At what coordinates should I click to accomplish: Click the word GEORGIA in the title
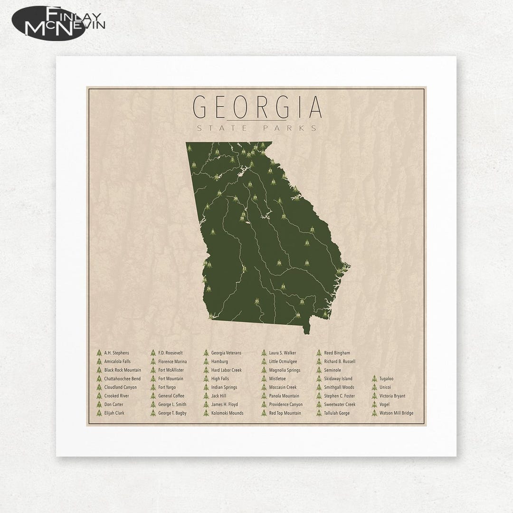(x=258, y=108)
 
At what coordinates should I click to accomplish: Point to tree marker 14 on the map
(x=283, y=286)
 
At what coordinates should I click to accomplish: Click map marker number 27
(x=312, y=230)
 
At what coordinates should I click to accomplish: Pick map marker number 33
(x=257, y=301)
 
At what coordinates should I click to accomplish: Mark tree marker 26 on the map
(x=279, y=262)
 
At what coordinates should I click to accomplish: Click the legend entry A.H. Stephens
(x=116, y=353)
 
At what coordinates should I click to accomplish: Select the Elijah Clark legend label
(x=114, y=413)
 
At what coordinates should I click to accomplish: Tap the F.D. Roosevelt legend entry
(x=170, y=353)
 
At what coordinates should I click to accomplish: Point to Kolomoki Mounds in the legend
(x=227, y=413)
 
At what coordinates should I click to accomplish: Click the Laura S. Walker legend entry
(x=282, y=353)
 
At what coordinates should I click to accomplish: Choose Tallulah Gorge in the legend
(x=336, y=413)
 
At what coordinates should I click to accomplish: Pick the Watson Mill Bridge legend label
(x=396, y=413)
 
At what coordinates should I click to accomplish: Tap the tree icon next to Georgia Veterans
(x=206, y=353)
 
